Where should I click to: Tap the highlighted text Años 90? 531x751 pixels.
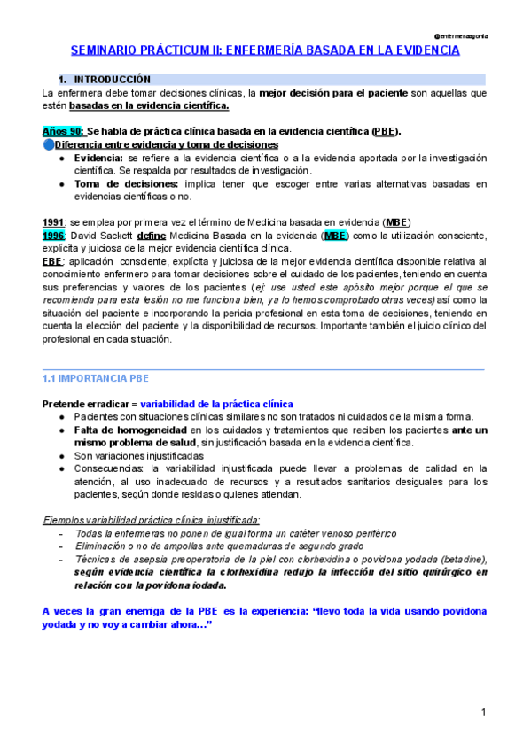(x=63, y=130)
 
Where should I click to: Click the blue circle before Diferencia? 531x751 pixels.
(x=48, y=144)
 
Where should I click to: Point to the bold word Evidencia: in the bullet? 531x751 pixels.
(x=98, y=157)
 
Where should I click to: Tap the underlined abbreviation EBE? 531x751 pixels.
(x=53, y=261)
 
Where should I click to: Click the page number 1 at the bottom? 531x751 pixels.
(x=484, y=712)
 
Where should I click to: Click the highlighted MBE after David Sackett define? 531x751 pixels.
(x=335, y=235)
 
